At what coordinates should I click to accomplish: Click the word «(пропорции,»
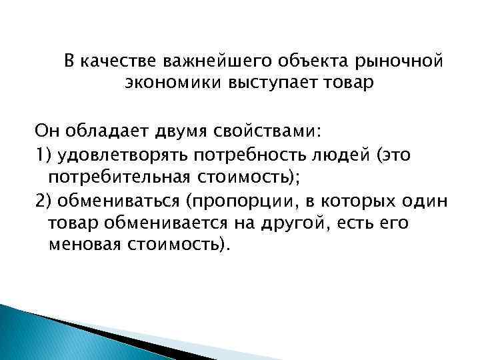point(233,201)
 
